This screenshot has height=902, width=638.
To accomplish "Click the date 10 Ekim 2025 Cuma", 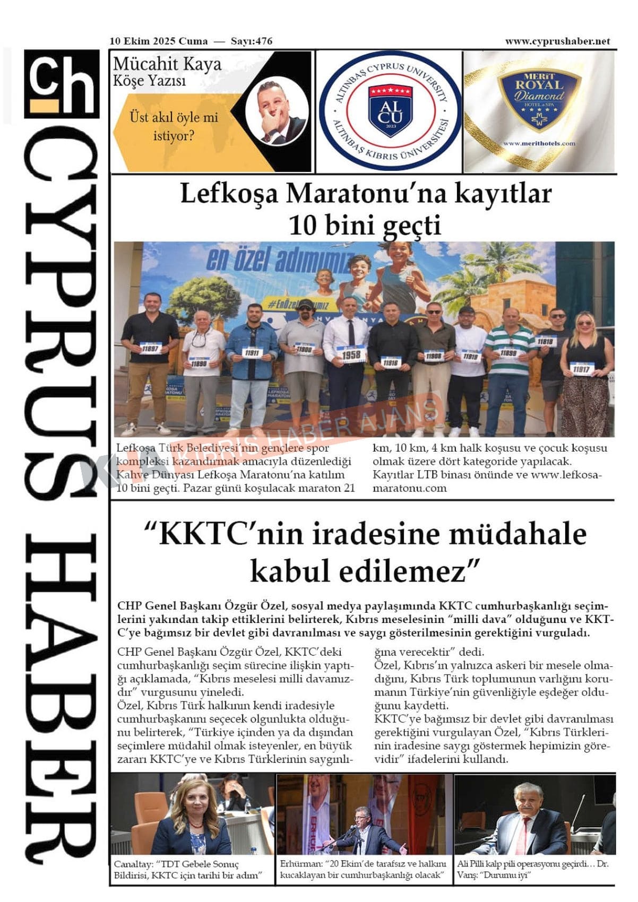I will coord(159,41).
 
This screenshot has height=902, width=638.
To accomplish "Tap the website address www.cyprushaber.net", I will coord(557,41).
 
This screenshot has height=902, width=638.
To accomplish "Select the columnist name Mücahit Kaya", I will coord(167,64).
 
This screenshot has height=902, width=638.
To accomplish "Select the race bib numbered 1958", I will coord(351,354).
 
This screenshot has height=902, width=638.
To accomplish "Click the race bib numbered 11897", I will coord(150,349).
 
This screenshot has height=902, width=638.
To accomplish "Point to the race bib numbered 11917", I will coord(581,369).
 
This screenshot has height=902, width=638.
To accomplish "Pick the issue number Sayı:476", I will coord(251,41).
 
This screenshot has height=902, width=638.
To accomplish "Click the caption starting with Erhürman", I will coord(364,869).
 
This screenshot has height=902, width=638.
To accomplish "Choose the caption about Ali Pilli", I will coord(533,869).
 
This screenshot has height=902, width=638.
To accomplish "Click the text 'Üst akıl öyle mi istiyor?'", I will coord(174,126).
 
